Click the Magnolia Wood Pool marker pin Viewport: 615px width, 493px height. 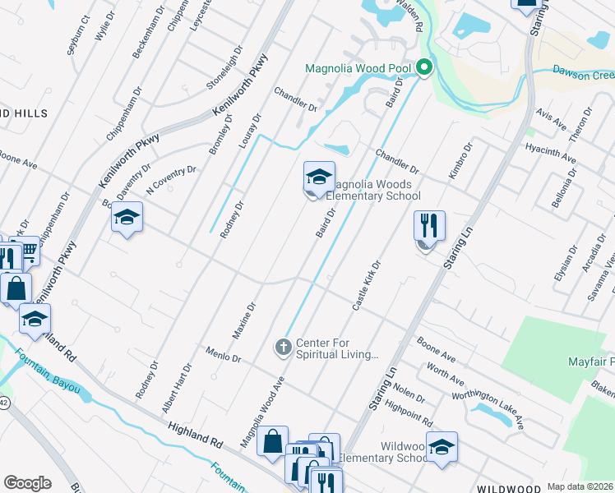424,68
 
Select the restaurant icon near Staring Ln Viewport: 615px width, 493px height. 429,226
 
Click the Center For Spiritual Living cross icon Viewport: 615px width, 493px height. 283,348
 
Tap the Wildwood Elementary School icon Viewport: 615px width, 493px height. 442,448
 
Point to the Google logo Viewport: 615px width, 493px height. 27,483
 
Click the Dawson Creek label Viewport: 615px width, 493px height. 583,74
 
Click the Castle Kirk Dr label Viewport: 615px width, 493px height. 366,286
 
